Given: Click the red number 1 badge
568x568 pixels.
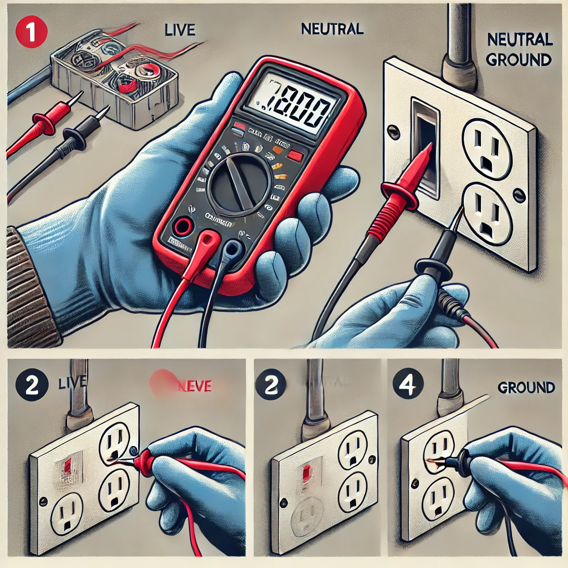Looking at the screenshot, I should click(x=32, y=32).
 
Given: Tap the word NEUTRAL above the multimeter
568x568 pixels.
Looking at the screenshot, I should click(x=332, y=29).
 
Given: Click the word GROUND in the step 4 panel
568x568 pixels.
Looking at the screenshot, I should click(x=526, y=387).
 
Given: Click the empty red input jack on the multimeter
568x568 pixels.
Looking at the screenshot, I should click(x=180, y=226).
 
